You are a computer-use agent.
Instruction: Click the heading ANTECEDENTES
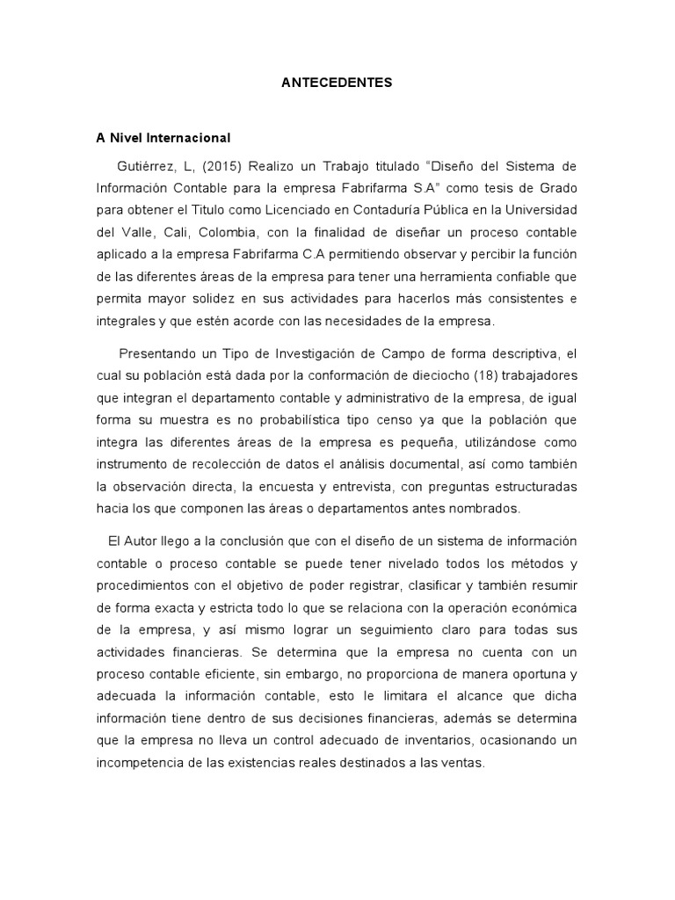(x=337, y=83)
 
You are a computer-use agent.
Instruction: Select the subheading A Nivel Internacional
(x=163, y=138)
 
